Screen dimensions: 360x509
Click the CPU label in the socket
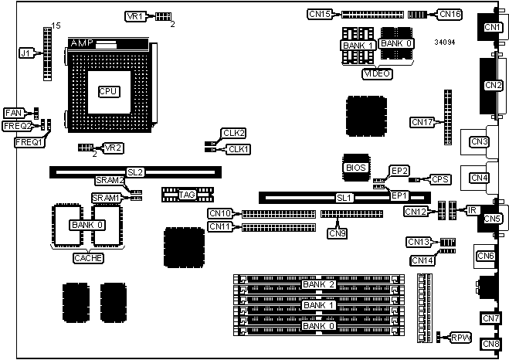coord(108,91)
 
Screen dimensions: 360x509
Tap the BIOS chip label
coord(355,167)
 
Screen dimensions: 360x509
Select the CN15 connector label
coord(320,14)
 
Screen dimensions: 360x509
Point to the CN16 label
coord(450,14)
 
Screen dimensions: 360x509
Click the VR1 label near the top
coord(134,16)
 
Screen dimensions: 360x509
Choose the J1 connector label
coord(26,53)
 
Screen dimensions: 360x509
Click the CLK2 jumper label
coord(233,133)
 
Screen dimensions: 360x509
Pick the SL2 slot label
coord(135,172)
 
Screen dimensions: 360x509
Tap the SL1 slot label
coord(344,198)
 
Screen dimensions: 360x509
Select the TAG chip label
coord(187,195)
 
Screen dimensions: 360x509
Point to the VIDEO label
coord(376,73)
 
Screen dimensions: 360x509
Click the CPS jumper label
coord(440,179)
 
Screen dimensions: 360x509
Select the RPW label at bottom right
coord(461,337)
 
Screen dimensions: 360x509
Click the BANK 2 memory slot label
coord(319,285)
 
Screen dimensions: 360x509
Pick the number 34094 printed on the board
coord(444,42)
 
